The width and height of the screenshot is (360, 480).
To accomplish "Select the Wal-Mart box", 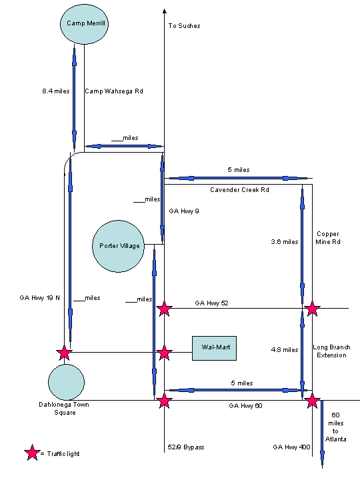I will coord(215,348).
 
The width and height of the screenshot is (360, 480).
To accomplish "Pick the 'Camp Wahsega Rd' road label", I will coord(114,91).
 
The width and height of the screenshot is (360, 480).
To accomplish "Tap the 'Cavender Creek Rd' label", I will coord(239,190).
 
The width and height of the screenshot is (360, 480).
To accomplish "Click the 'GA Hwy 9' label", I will coord(184,211).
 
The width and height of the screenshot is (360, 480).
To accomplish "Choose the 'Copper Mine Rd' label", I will coord(327,238).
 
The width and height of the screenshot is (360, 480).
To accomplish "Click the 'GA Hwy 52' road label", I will coord(211,303).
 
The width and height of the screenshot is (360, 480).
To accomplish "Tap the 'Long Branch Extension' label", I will coord(329,351).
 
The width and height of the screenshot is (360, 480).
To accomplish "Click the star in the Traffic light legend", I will coord(32,453).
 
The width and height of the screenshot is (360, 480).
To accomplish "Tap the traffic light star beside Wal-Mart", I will coord(164,353).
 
